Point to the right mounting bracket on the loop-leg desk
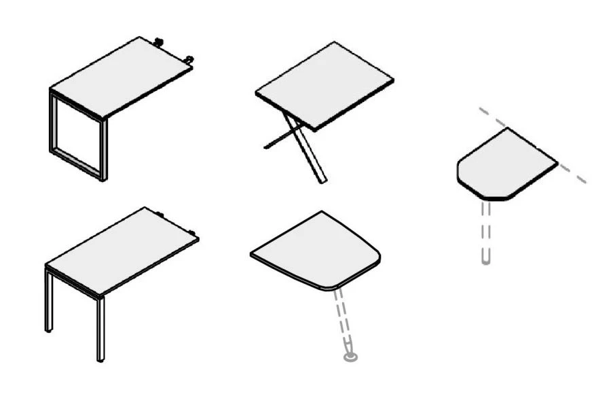click(189, 60)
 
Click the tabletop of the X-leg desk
click(325, 85)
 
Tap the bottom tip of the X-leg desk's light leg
click(322, 180)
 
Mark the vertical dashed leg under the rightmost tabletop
click(485, 231)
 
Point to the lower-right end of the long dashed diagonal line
click(584, 181)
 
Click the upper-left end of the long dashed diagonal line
click(480, 108)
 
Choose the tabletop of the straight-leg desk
click(122, 251)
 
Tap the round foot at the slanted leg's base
click(350, 355)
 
